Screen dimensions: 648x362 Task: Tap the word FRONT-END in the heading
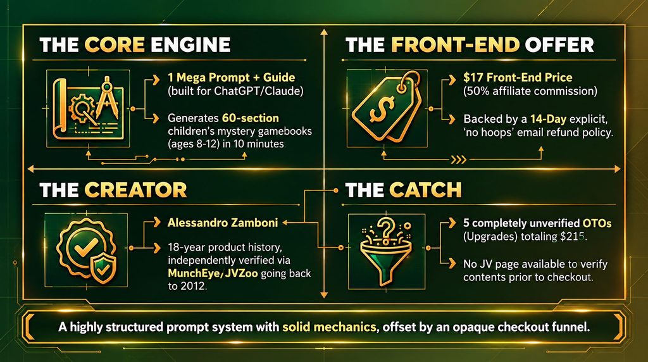[455, 45]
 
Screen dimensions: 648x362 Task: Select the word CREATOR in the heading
[135, 190]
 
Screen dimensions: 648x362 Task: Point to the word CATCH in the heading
[425, 190]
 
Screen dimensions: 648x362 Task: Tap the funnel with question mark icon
[385, 251]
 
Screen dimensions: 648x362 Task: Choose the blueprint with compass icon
[87, 107]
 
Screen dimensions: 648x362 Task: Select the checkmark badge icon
[86, 249]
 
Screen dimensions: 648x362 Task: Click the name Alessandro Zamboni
[223, 223]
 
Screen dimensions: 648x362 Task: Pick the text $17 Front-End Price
[518, 77]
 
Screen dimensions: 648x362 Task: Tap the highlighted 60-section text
[251, 118]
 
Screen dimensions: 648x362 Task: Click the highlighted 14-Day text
[549, 120]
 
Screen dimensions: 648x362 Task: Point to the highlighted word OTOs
[597, 223]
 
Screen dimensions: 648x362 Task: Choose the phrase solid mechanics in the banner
[329, 327]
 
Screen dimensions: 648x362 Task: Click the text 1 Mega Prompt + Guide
[232, 77]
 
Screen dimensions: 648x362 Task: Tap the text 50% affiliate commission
[530, 91]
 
